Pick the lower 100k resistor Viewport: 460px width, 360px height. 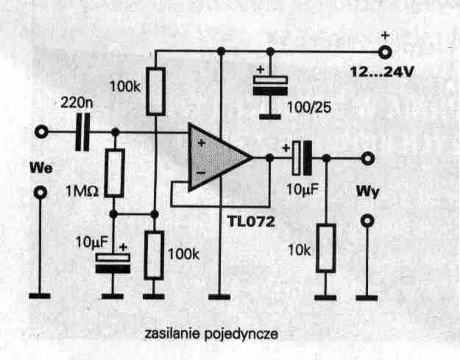pos(154,254)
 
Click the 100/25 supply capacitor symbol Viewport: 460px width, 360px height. pos(269,87)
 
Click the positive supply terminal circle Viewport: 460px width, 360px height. pos(383,52)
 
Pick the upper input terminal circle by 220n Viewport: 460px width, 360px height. pos(42,133)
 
